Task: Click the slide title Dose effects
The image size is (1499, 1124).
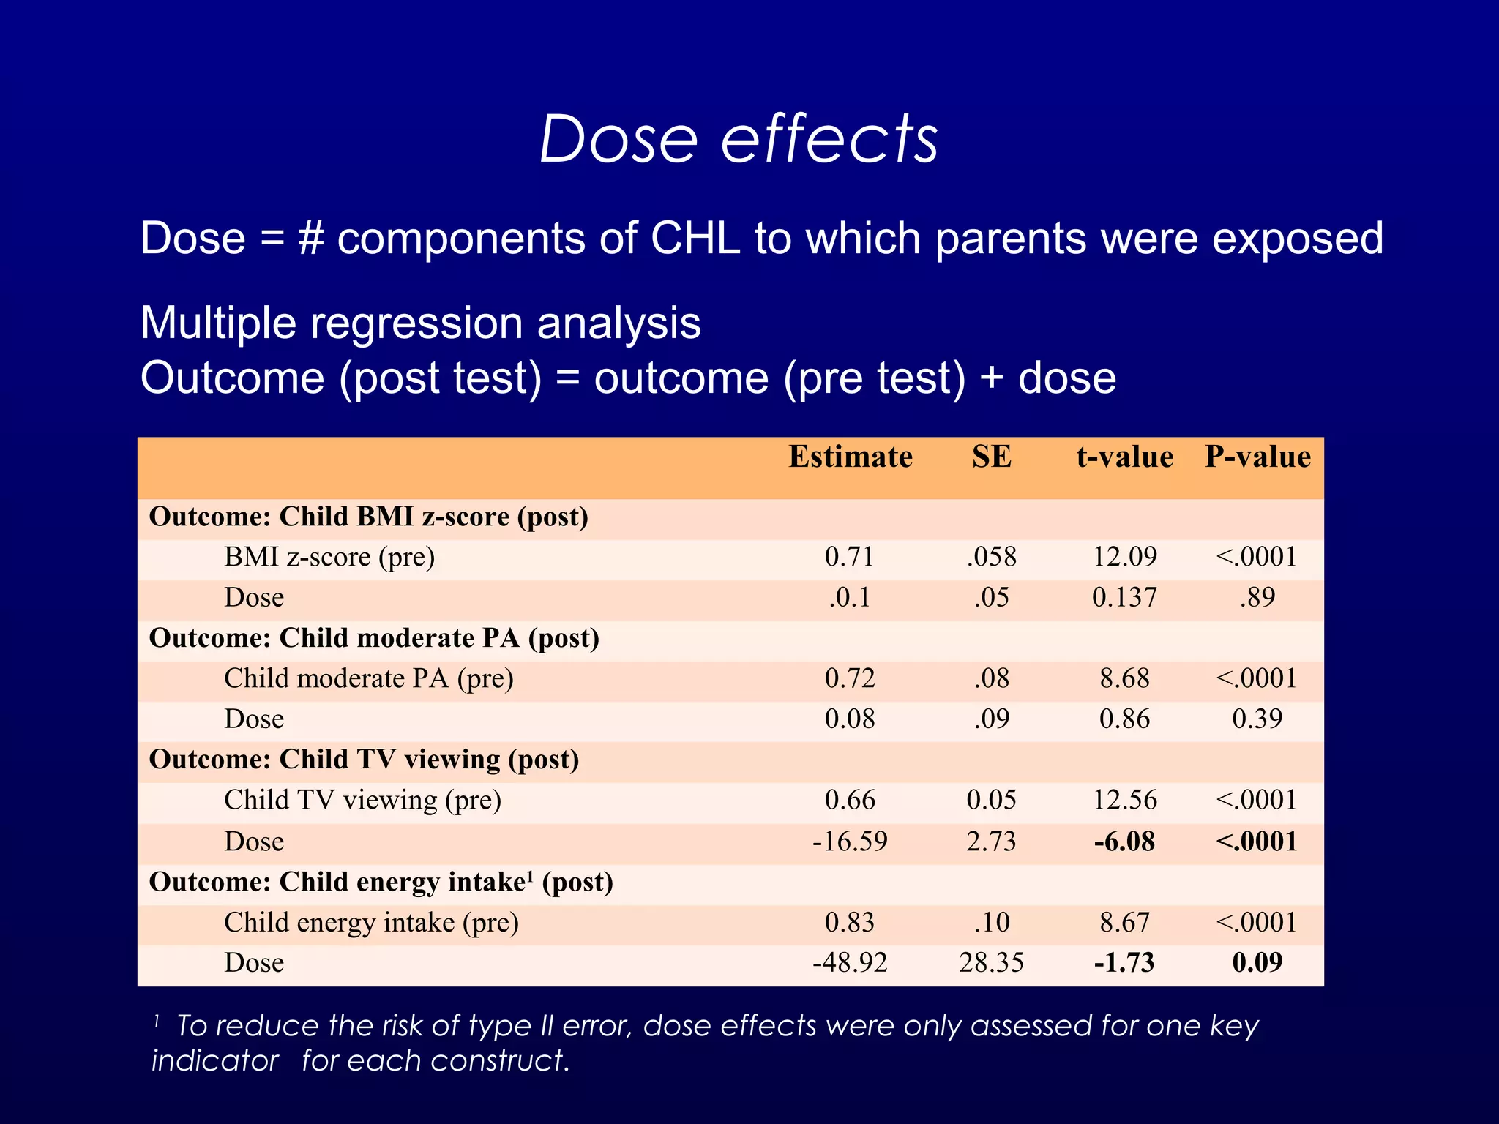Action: point(739,139)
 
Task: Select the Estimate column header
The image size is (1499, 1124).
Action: point(850,457)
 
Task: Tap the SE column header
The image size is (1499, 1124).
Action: point(991,457)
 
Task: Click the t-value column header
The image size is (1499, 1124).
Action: point(1124,457)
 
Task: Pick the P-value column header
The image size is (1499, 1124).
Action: point(1257,457)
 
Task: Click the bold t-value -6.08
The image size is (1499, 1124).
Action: point(1124,842)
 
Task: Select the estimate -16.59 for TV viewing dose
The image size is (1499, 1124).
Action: point(850,842)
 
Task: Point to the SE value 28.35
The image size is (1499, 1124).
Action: point(991,962)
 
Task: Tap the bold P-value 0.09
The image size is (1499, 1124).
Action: point(1257,962)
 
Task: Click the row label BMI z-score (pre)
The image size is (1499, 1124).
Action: point(329,558)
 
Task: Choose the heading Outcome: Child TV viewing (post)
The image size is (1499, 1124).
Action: point(364,760)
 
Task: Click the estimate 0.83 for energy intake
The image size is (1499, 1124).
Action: point(850,922)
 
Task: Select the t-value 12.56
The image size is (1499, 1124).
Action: point(1124,800)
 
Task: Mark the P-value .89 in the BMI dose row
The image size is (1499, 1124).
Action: point(1257,598)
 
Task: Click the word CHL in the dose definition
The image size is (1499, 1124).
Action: point(695,239)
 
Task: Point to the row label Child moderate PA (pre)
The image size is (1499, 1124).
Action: point(368,678)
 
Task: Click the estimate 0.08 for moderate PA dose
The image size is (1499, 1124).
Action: point(850,719)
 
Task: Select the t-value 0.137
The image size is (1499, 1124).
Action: point(1124,598)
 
